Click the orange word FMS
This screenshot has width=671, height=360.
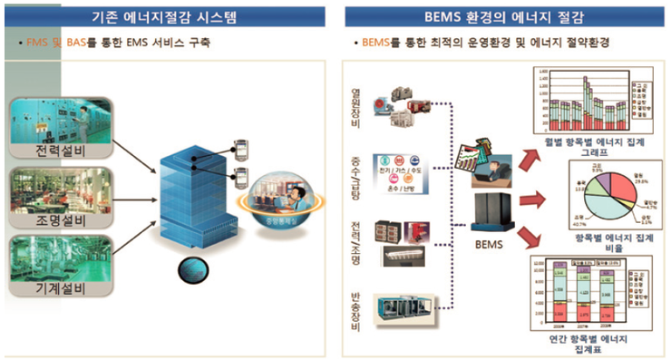34,43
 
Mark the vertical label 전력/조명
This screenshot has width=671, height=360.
355,238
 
